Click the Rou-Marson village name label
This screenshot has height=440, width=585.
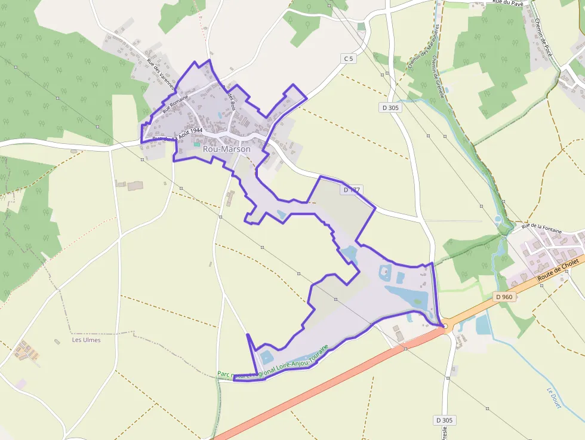coord(227,149)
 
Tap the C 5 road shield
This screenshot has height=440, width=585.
coord(348,58)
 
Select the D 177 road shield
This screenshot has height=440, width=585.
coord(352,190)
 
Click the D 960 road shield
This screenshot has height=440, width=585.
coord(504,297)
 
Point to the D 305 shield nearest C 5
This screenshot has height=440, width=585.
coord(390,107)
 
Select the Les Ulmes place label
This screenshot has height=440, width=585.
coord(86,340)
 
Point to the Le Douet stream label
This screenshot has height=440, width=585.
coord(554,398)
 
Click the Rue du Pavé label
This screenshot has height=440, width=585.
coord(508,3)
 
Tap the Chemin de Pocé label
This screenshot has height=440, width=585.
coord(544,42)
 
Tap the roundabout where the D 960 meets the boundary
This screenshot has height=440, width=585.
coord(445,326)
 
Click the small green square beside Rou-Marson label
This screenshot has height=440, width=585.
coord(197,144)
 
